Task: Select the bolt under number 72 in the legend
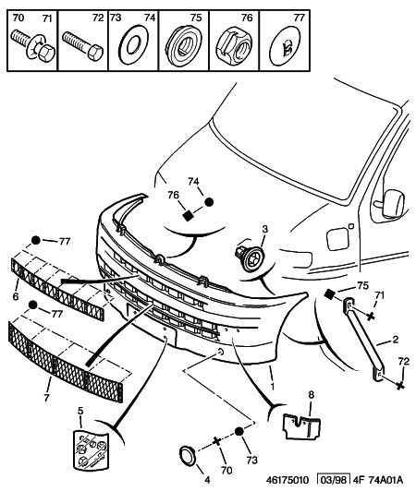pos(82,45)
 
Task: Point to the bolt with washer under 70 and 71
pos(33,44)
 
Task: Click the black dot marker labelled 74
pos(209,202)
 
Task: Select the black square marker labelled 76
pos(188,215)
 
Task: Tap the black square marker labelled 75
pos(329,294)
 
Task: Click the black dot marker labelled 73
pos(239,432)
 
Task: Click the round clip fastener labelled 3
pos(250,258)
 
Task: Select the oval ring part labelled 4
pos(187,455)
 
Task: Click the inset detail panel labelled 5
pos(91,450)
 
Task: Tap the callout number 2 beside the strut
pos(395,339)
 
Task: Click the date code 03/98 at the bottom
pos(334,480)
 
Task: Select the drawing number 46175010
pos(288,480)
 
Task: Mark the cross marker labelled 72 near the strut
pos(399,386)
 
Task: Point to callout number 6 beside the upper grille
pos(16,296)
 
